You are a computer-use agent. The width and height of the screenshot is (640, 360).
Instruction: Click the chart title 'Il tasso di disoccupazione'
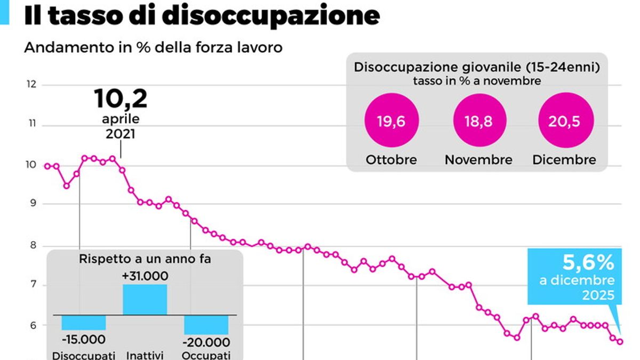click(202, 16)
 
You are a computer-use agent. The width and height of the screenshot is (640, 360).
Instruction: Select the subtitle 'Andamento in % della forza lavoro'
click(153, 47)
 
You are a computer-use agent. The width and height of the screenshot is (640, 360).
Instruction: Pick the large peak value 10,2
click(121, 99)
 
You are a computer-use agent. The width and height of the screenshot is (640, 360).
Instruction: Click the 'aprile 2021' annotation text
click(121, 126)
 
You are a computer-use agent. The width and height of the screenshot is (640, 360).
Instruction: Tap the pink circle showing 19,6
click(391, 122)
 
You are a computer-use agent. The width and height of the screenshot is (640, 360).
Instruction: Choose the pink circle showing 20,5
click(564, 122)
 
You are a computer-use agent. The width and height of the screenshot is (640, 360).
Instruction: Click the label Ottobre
click(391, 159)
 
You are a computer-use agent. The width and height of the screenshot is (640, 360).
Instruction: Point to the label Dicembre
click(564, 159)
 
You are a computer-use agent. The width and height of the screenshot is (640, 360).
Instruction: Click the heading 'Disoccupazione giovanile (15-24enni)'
click(477, 68)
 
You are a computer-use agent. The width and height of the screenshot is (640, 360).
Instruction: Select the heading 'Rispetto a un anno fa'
click(145, 259)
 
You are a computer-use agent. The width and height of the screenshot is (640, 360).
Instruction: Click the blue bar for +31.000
click(145, 299)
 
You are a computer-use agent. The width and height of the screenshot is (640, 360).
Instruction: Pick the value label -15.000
click(83, 339)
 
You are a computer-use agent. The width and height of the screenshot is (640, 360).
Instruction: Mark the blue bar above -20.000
click(206, 325)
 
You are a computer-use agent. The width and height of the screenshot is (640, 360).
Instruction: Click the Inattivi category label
click(145, 355)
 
